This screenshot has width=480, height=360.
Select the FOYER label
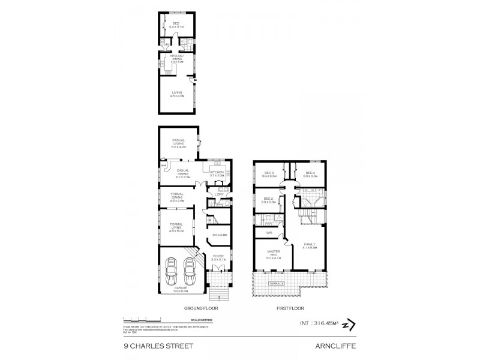coord(218,256)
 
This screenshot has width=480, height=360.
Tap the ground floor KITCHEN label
coord(217,173)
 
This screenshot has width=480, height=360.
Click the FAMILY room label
coord(310,245)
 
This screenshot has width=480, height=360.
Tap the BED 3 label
coord(268,174)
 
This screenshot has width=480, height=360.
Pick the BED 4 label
coord(310,174)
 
